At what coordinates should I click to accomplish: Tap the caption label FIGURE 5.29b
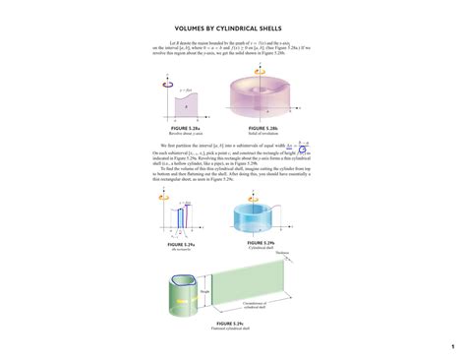pyautogui.click(x=260, y=241)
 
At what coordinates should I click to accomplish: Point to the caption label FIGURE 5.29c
pyautogui.click(x=230, y=323)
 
